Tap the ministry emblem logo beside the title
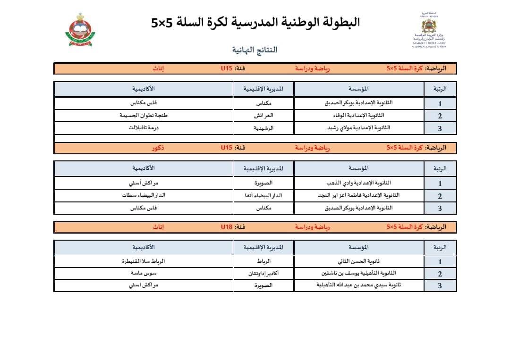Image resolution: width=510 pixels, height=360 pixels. tap(429, 30)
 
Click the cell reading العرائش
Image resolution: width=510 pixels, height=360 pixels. tap(264, 116)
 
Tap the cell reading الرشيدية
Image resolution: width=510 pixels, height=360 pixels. tap(264, 128)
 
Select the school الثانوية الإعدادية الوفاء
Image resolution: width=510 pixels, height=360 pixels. tap(359, 116)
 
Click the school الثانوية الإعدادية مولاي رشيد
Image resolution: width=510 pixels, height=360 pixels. tap(359, 128)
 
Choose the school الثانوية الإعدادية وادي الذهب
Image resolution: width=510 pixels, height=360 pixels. tap(359, 183)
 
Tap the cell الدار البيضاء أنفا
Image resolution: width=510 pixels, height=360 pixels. tap(264, 195)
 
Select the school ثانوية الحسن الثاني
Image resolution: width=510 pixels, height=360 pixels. tap(359, 261)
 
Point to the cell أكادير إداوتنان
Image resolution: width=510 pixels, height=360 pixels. tap(264, 273)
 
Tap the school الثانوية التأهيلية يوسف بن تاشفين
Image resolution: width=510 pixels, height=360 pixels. tap(359, 273)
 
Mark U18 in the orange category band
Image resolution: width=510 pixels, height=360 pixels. tap(227, 227)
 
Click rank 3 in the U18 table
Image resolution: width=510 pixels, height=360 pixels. tap(440, 286)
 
